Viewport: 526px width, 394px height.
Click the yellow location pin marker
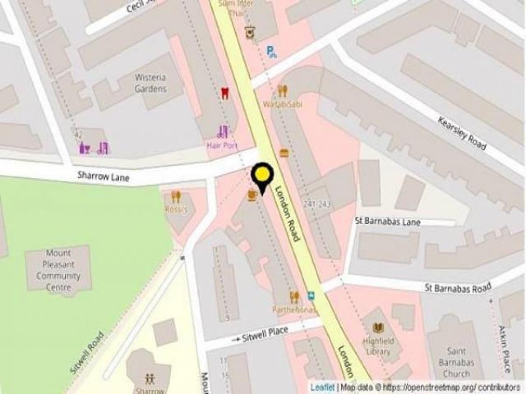[x=262, y=176]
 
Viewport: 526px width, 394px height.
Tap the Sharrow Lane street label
[x=103, y=176]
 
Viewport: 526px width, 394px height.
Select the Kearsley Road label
[x=462, y=134]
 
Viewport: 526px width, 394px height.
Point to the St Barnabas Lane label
[x=387, y=222]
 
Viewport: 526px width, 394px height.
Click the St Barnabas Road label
[x=458, y=288]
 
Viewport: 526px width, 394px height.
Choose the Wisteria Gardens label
[x=150, y=83]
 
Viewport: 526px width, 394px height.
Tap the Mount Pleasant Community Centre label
[x=58, y=270]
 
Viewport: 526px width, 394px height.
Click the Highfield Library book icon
[x=378, y=328]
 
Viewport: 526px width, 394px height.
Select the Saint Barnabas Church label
[x=456, y=362]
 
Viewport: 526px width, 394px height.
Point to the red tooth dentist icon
[x=225, y=93]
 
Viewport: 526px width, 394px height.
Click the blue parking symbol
[x=272, y=52]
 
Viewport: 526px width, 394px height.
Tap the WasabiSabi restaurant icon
[x=282, y=91]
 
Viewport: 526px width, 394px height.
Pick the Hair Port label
[x=222, y=145]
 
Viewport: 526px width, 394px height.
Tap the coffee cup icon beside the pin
[x=252, y=195]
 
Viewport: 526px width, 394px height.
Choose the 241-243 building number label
[x=316, y=204]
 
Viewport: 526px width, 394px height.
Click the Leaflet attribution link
[x=323, y=387]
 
